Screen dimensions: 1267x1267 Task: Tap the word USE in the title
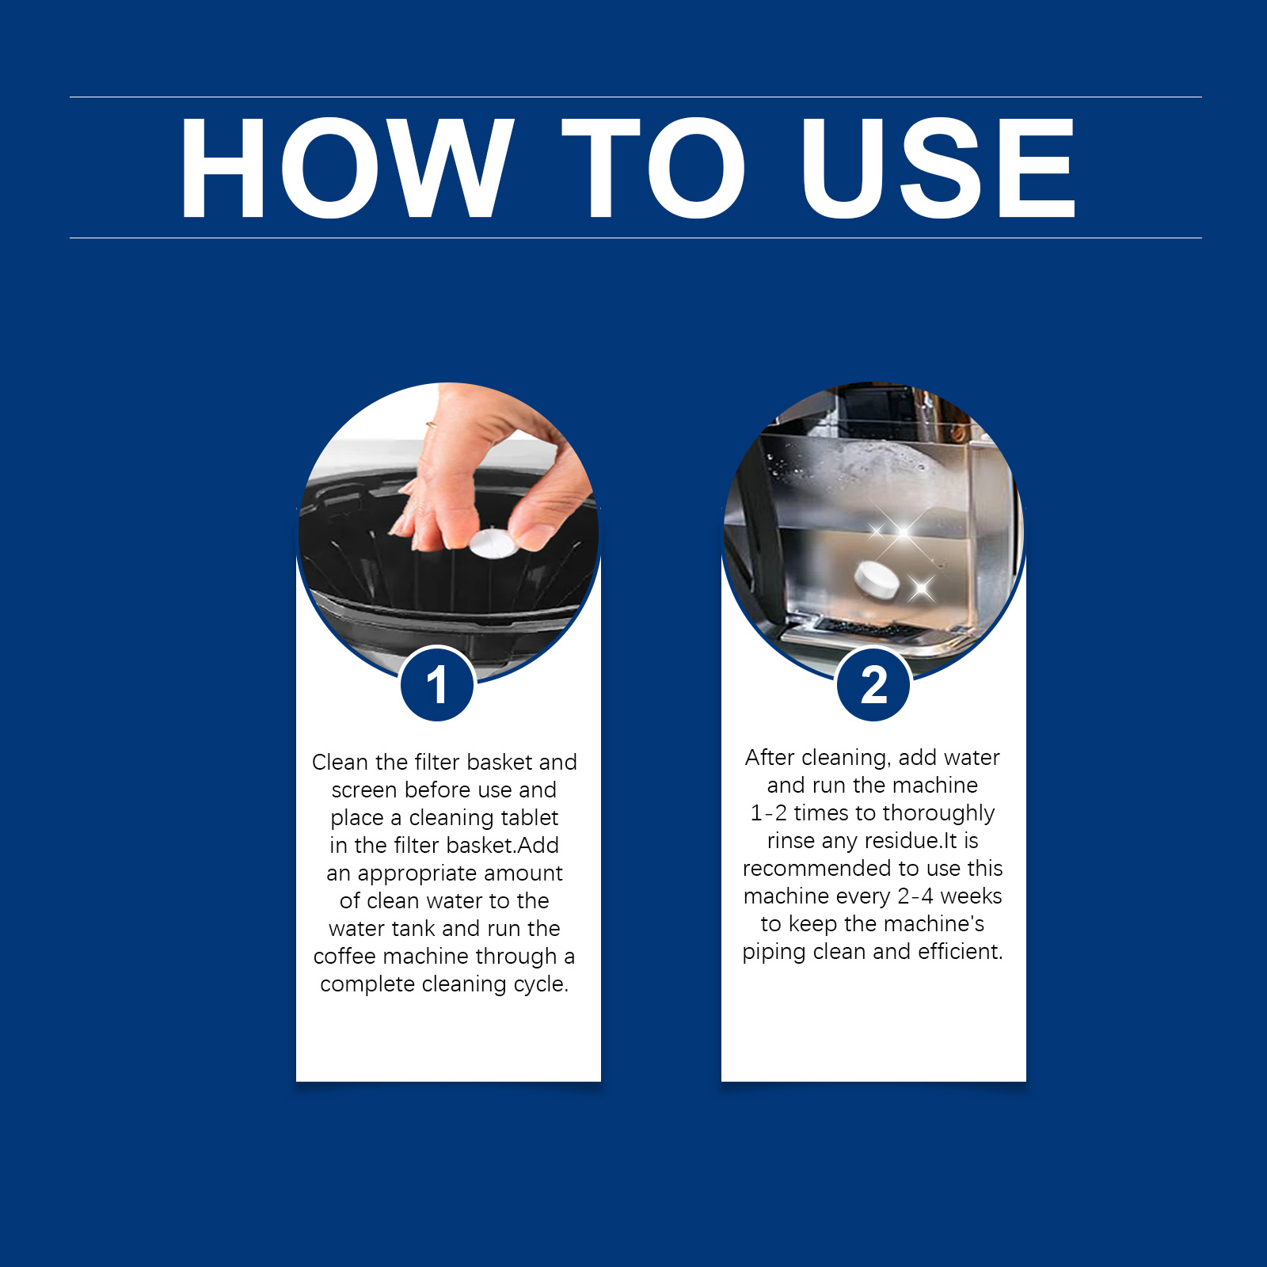(x=938, y=167)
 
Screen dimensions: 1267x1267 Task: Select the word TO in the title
(x=654, y=167)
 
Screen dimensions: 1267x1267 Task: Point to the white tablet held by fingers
(x=493, y=544)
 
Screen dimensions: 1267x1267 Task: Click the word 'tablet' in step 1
(x=524, y=817)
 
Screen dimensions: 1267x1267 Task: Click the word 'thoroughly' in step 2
(x=938, y=814)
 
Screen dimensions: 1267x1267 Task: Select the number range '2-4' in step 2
(x=915, y=896)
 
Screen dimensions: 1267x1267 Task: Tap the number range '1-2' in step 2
(x=769, y=813)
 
